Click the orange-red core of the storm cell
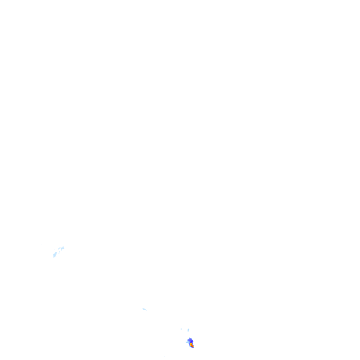192,345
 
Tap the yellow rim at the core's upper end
191,343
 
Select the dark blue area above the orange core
190,340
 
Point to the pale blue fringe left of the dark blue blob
187,342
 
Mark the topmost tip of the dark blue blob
190,337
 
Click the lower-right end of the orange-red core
193,347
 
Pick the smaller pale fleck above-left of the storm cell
181,329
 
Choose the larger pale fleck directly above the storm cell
188,330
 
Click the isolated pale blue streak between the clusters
144,309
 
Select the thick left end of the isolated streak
143,308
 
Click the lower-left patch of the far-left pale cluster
55,255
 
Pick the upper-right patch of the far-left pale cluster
62,248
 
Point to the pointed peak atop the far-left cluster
63,246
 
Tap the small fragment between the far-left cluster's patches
59,252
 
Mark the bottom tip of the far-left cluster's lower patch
53,258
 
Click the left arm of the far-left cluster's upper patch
59,248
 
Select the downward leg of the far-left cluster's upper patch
61,250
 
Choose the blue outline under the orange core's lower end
193,348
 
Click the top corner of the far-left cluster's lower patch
56,253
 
